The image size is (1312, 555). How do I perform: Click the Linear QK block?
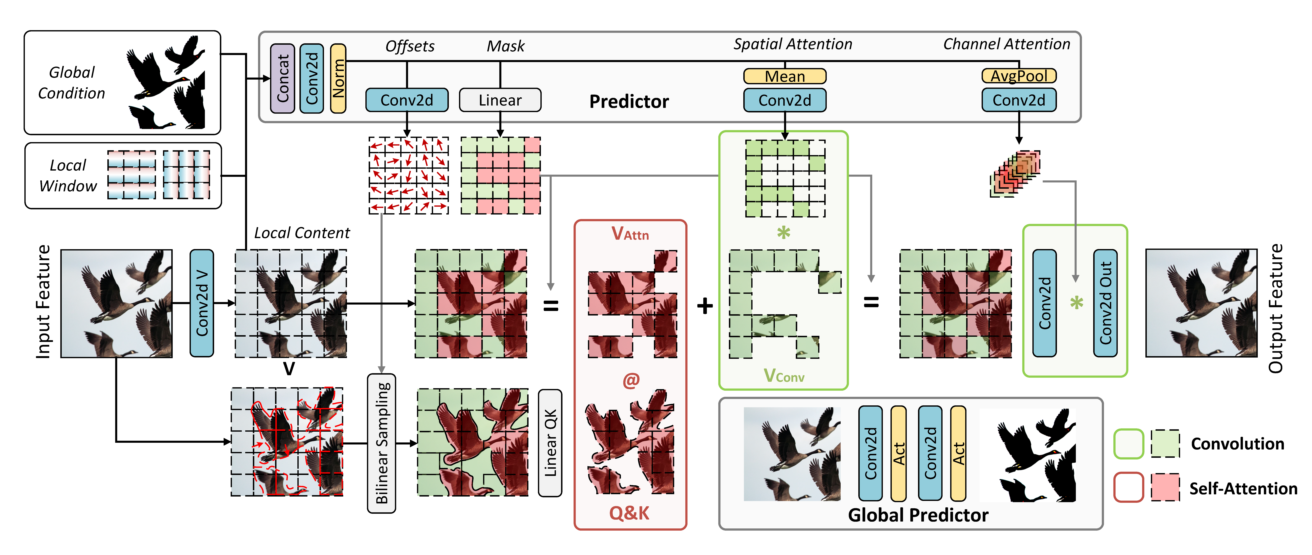[550, 442]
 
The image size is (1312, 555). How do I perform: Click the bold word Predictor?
[629, 101]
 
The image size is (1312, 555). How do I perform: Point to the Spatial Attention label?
[793, 44]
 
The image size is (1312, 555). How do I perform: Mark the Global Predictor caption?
[918, 515]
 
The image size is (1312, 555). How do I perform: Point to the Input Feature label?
[43, 302]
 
